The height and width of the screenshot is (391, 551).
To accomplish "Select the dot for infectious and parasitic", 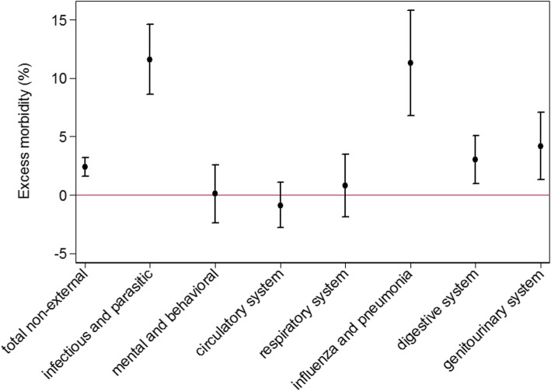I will pos(150,60).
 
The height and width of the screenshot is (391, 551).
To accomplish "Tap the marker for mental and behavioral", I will pos(214,193).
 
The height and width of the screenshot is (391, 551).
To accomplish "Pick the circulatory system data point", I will pos(280,206).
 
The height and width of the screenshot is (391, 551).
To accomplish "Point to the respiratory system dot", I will pos(345,185).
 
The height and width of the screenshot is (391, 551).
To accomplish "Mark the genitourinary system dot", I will pos(540,146).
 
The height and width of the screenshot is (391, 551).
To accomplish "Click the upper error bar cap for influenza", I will pos(410,10).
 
